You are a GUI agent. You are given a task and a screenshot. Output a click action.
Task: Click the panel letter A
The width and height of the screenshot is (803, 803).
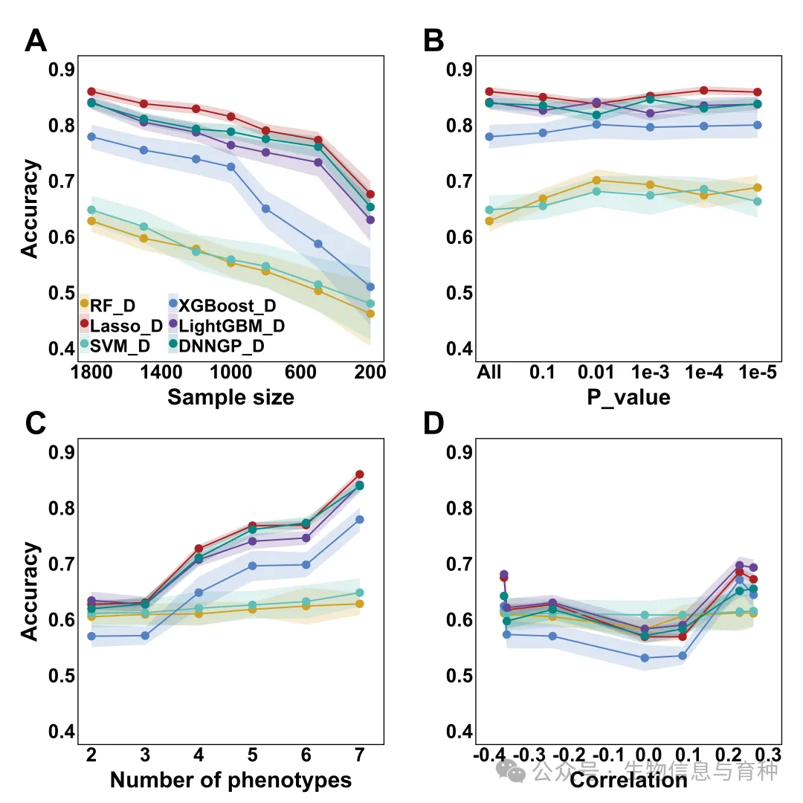[36, 41]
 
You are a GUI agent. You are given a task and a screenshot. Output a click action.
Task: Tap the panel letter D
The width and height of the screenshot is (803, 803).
[433, 424]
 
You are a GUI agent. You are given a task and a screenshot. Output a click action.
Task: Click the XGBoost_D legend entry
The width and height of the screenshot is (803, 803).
[222, 305]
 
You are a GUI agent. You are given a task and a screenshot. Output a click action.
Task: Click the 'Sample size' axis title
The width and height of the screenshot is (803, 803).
[230, 397]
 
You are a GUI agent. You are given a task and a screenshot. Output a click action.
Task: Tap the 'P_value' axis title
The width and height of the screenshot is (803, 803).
[628, 397]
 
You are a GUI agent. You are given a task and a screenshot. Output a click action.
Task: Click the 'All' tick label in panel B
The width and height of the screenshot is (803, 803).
[489, 371]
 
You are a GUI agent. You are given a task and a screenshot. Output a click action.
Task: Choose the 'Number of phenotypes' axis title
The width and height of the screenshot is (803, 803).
[230, 780]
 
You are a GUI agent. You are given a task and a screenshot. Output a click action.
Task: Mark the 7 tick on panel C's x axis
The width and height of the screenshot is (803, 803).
[359, 755]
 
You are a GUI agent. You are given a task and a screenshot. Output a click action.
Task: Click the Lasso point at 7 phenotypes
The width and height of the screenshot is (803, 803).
[359, 474]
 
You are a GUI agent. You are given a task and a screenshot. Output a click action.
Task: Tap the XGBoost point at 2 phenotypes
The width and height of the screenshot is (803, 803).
[92, 636]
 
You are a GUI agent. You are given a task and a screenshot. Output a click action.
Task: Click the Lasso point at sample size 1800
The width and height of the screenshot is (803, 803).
[92, 91]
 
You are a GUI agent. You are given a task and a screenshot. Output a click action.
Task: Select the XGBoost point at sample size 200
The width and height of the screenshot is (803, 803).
[370, 287]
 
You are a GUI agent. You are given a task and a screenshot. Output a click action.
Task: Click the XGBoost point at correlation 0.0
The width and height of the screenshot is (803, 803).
[645, 658]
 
